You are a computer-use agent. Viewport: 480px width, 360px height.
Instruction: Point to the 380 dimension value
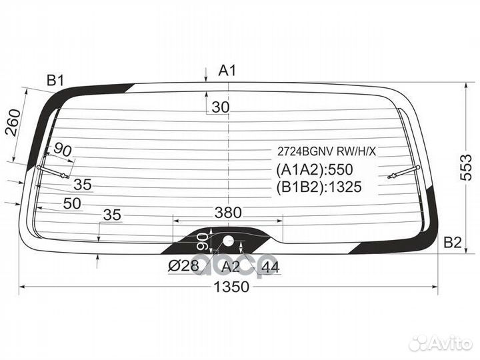228,213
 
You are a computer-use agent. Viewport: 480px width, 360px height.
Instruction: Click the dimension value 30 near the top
221,107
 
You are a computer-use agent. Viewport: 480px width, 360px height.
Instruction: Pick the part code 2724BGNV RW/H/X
327,151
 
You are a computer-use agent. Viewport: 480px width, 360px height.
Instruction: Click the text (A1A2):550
314,169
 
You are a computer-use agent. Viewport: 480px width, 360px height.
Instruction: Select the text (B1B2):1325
319,187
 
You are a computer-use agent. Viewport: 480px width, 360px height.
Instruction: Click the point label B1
55,81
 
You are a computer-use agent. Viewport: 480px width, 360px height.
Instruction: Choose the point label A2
231,267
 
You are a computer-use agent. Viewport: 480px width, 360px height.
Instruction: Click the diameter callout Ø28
185,267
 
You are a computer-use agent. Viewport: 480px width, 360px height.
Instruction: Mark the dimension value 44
270,267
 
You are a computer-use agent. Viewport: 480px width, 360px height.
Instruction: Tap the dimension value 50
73,203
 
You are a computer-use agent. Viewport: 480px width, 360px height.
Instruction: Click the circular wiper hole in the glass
228,241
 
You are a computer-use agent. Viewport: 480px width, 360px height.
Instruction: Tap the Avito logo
441,343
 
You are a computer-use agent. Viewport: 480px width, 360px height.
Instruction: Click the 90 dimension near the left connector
63,149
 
